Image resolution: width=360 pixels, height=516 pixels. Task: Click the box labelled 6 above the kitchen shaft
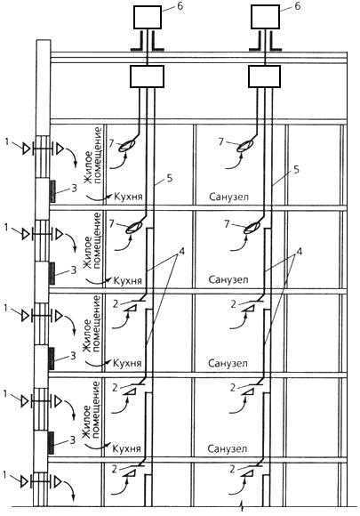click(148, 17)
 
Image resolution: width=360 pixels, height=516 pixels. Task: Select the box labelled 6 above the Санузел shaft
click(265, 17)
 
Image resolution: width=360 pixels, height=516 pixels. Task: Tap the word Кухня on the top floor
click(128, 197)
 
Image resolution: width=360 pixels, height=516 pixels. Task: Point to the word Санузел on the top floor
click(228, 197)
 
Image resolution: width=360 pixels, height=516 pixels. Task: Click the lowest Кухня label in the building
click(126, 448)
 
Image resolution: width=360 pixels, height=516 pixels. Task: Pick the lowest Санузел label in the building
click(227, 448)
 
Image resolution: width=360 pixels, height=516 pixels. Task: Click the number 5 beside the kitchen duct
click(170, 178)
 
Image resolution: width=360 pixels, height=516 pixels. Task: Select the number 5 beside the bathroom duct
click(296, 170)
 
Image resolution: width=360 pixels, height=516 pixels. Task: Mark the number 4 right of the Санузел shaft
click(299, 252)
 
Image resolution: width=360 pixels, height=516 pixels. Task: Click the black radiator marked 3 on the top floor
click(52, 191)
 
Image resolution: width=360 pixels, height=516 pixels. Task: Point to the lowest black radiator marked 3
click(51, 443)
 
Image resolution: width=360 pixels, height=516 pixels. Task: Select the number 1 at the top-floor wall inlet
click(8, 141)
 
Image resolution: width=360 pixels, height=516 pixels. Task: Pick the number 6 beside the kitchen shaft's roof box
click(180, 6)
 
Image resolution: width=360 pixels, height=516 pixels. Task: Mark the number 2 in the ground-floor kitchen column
click(115, 468)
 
